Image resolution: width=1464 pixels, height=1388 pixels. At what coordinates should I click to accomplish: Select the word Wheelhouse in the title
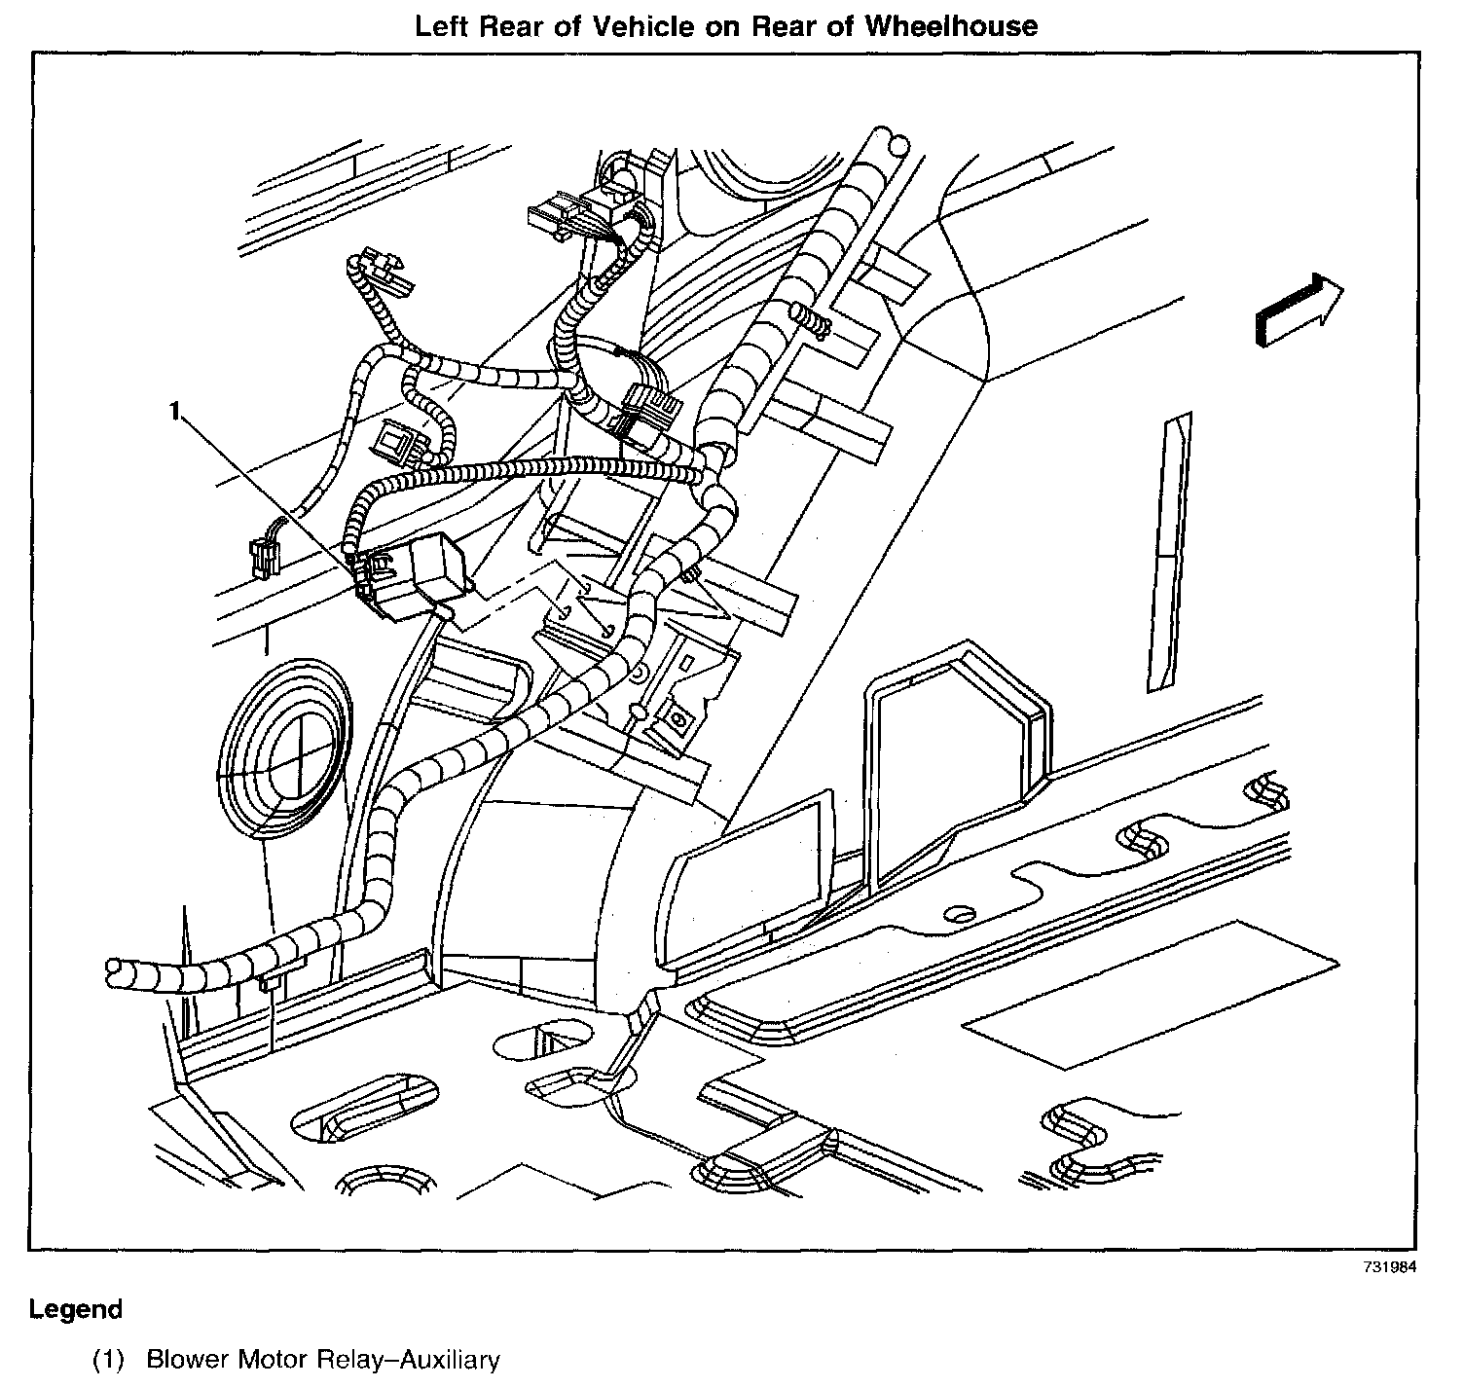(965, 26)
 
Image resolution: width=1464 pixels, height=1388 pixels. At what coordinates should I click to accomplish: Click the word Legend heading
(76, 1309)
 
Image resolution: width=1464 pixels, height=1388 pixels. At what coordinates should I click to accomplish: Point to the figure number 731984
(1388, 1268)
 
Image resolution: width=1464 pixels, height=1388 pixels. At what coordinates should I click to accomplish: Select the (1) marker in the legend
(109, 1360)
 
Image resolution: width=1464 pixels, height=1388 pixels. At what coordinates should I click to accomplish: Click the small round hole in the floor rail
(959, 913)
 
